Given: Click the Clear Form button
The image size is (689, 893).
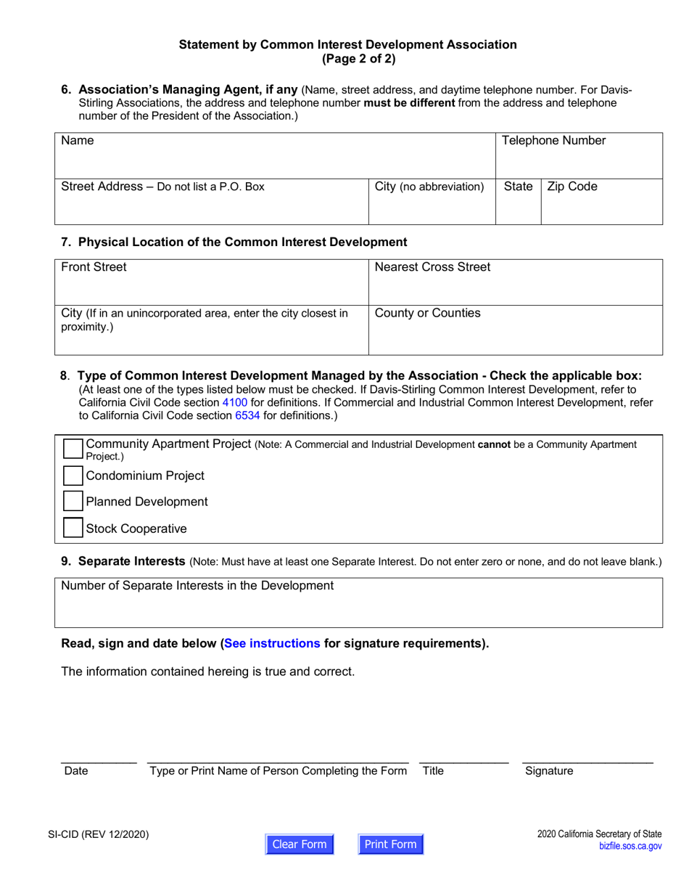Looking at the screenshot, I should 300,844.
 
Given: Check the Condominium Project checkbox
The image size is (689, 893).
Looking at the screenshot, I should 73,476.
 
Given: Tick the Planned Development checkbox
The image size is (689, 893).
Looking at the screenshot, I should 73,502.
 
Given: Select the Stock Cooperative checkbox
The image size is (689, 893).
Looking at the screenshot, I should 73,528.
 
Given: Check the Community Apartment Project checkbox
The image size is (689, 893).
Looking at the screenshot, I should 73,449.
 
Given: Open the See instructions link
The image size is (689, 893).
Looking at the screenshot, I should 272,643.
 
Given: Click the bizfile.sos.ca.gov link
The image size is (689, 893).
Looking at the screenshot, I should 630,847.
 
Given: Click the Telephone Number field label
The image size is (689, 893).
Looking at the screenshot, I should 553,141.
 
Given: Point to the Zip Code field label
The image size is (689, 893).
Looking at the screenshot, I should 572,187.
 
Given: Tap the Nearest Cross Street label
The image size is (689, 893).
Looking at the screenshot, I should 432,267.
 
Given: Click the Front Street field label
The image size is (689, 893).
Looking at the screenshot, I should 94,267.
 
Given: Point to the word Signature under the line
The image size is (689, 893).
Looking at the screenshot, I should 549,772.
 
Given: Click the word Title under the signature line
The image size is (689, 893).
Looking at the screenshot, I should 433,772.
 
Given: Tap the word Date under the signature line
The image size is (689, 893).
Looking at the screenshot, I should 75,772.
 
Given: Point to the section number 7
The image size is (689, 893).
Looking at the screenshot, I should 66,241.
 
